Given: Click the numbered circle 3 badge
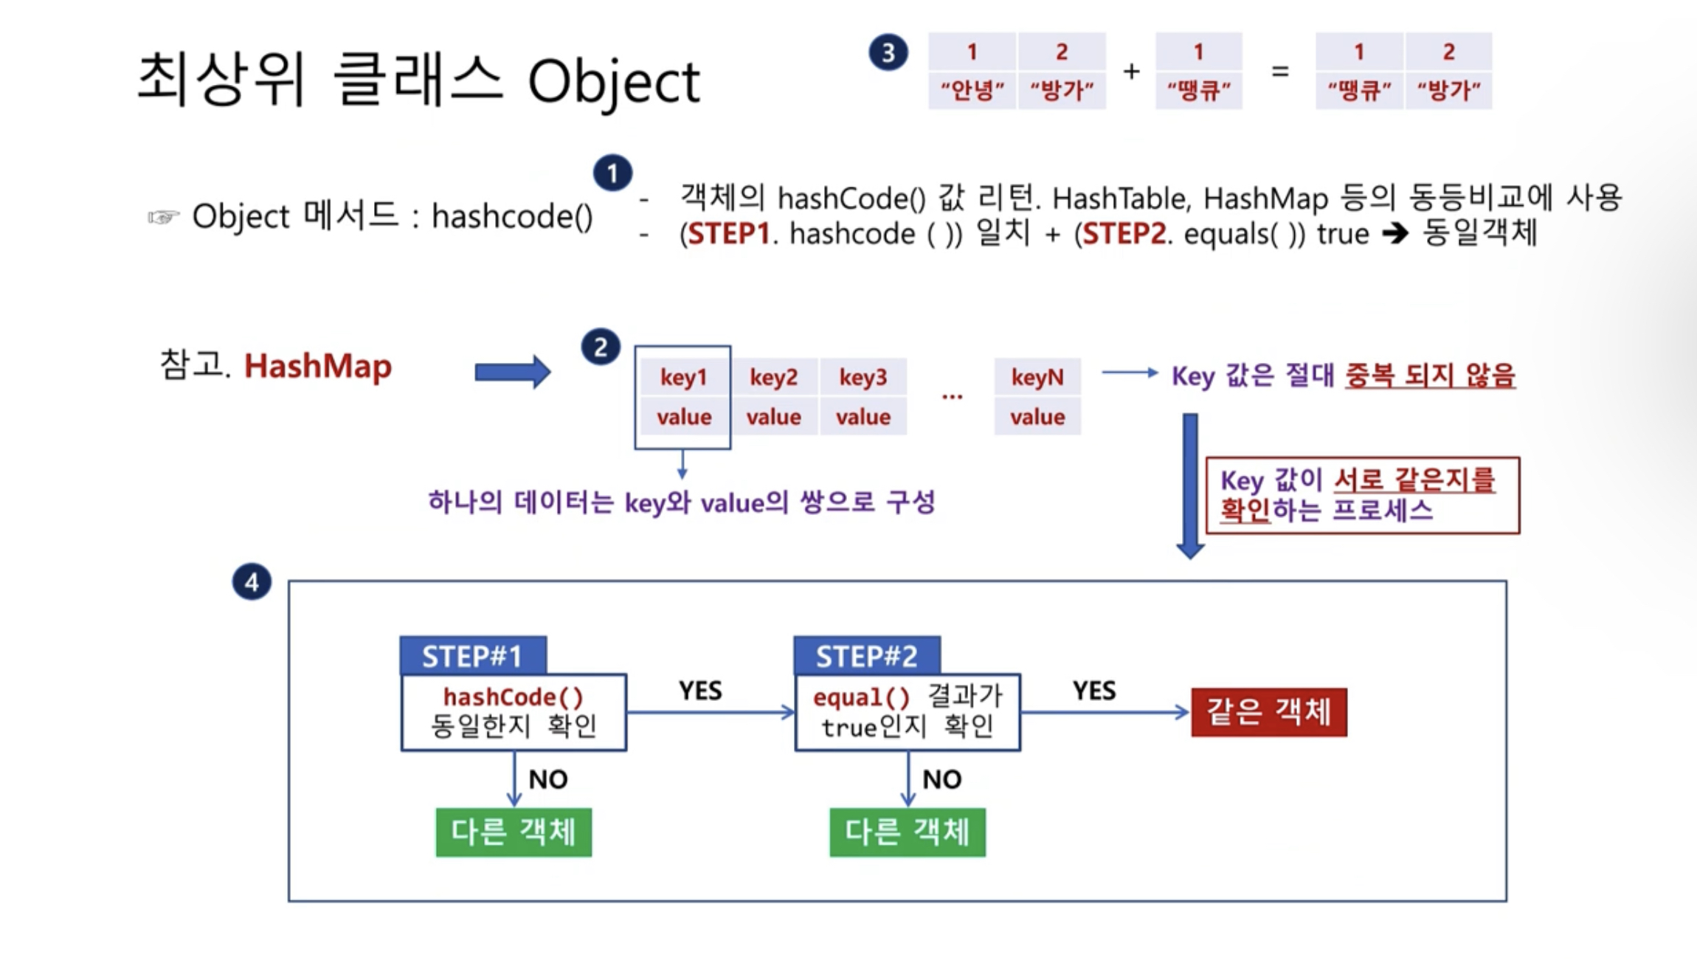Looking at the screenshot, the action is click(x=888, y=52).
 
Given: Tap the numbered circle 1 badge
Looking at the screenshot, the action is click(x=612, y=173).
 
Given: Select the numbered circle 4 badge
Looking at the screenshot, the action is click(x=252, y=582).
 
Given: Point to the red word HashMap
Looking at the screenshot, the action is click(x=318, y=366).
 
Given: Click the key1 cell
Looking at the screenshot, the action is click(x=683, y=377).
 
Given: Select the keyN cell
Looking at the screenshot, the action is click(x=1037, y=377).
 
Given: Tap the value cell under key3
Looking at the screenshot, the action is click(x=863, y=417).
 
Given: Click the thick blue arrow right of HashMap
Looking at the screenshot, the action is click(x=512, y=372).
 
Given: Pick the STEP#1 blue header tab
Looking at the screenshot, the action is click(x=473, y=655).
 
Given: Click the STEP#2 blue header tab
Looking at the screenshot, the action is click(x=867, y=655).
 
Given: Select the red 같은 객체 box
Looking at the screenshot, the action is click(x=1269, y=712).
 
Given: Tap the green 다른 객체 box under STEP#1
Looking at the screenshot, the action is click(x=514, y=832).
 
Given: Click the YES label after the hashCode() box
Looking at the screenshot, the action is click(x=700, y=691).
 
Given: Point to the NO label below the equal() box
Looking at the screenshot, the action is click(x=942, y=779).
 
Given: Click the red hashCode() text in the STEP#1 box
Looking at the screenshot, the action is click(x=514, y=697).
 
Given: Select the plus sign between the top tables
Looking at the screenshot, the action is click(x=1131, y=72).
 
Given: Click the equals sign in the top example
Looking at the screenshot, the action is click(x=1280, y=72).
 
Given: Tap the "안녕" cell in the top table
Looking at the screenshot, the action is click(x=972, y=91).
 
